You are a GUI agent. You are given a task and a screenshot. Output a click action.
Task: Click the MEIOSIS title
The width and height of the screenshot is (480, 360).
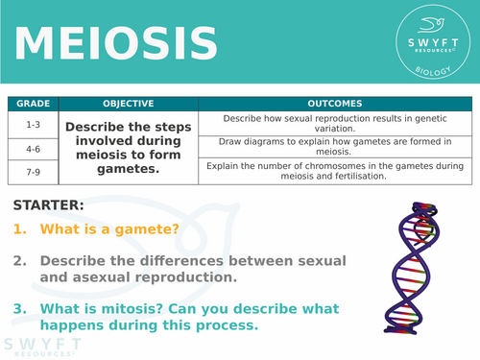pyautogui.click(x=114, y=42)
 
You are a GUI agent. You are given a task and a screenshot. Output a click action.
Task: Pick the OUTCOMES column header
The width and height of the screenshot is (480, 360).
pyautogui.click(x=322, y=103)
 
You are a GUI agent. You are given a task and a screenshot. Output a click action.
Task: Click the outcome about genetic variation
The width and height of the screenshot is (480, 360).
pyautogui.click(x=322, y=123)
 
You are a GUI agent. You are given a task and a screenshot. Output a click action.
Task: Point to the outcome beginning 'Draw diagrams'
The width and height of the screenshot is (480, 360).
pyautogui.click(x=322, y=147)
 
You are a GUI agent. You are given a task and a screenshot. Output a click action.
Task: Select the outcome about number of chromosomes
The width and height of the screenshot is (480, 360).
pyautogui.click(x=322, y=170)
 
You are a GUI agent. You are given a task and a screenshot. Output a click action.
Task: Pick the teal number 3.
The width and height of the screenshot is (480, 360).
pyautogui.click(x=19, y=308)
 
